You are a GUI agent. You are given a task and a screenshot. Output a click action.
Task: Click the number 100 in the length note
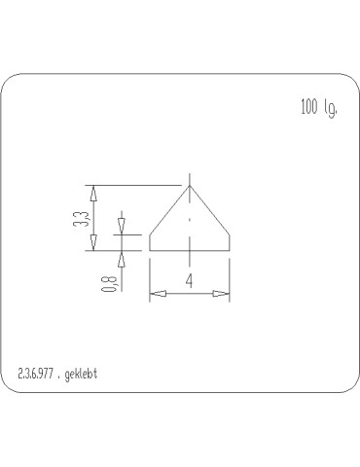(x=308, y=107)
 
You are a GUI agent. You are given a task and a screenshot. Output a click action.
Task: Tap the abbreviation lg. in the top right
(x=331, y=109)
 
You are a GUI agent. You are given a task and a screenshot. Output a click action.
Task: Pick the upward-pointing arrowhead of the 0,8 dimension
(x=122, y=258)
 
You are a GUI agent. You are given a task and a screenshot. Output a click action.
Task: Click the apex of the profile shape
(x=189, y=186)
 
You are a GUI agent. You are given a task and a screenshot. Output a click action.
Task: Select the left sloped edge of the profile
(x=168, y=210)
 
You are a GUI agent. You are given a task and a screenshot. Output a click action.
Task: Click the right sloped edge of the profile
(x=209, y=210)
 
